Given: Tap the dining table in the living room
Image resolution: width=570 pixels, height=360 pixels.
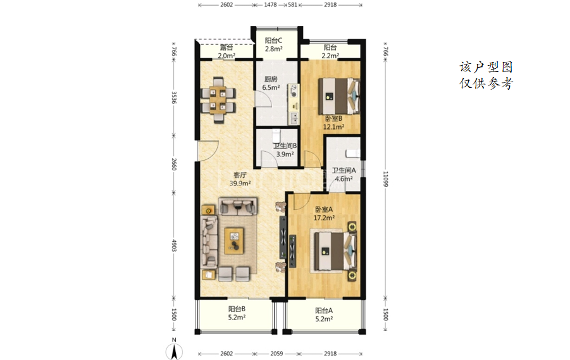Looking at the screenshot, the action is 218,100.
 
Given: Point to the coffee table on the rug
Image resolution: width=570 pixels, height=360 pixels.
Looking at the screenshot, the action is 234,240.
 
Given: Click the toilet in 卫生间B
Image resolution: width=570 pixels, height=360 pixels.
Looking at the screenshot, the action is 276,136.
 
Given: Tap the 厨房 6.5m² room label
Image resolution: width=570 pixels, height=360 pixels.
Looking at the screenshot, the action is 271,83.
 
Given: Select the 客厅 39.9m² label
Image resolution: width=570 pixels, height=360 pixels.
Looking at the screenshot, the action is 240,179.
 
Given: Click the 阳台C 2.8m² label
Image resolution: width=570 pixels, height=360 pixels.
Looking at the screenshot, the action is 273,44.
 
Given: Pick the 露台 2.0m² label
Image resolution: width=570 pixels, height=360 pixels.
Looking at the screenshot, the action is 226,51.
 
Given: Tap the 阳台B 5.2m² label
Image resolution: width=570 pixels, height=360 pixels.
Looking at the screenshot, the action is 237,313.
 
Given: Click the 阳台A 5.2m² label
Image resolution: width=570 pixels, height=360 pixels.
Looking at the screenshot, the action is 323,314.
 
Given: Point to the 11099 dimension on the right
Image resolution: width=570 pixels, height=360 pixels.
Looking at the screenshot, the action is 385,179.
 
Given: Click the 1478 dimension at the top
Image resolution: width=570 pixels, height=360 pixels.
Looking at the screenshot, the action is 271,4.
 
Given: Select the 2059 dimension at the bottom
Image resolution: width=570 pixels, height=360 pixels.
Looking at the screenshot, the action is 276,354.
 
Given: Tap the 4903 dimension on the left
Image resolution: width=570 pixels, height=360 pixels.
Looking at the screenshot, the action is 174,245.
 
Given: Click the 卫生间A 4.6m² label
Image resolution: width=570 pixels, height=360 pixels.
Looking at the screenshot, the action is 344,175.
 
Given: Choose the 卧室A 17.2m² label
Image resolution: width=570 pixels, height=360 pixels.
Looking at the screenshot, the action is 324,213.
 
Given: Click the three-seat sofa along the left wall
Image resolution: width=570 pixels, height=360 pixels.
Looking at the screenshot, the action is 209,241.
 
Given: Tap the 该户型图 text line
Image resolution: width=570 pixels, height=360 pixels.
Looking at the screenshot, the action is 486,67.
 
